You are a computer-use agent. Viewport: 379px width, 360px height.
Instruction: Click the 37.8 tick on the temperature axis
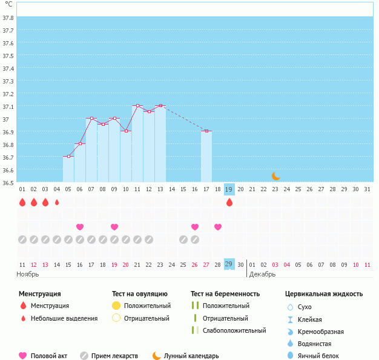coord(8,18)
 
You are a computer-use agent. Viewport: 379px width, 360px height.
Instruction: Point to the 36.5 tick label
coord(8,182)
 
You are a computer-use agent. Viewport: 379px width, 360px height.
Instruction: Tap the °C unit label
coord(8,4)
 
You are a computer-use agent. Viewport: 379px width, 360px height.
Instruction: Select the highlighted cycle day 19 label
coord(229,189)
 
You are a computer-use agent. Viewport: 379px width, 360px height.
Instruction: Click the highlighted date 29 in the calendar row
coord(229,264)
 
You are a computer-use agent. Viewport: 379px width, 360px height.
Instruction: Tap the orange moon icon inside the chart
coord(276,175)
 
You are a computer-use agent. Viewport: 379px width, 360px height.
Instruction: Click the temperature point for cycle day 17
coord(206,131)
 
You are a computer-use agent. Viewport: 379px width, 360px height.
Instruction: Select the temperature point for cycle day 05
coord(68,156)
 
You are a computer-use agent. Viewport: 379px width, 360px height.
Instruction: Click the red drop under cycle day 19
coord(229,202)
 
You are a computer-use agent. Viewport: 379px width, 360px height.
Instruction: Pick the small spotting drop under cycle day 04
coord(57,202)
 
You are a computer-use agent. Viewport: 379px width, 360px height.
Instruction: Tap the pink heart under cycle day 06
coord(80,227)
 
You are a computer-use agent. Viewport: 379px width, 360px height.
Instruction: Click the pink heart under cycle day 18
coord(218,227)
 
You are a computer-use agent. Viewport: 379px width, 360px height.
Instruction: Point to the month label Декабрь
coord(263,274)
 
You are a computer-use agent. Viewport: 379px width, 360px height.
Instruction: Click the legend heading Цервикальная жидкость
coord(324,293)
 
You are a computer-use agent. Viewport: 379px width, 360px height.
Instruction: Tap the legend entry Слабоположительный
coord(234,330)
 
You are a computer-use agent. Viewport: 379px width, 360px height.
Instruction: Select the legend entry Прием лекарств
coord(114,356)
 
